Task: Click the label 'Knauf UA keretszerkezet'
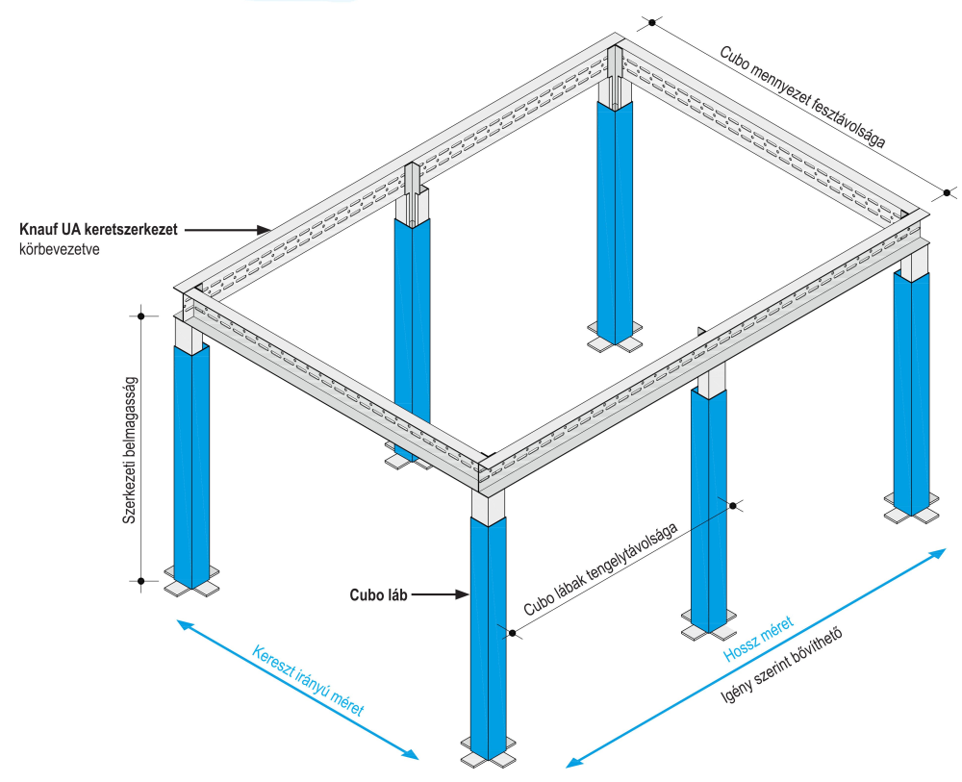pos(98,229)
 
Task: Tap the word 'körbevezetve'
pos(60,250)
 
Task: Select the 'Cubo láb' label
pos(378,595)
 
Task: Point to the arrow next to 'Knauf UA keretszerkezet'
pos(228,230)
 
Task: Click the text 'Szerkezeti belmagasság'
pos(130,449)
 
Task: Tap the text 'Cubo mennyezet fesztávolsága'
pos(802,97)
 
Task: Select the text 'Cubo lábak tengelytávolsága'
pos(600,569)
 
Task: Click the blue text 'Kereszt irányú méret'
pos(308,681)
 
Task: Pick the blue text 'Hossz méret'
pos(758,639)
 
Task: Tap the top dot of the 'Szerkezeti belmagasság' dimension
pos(141,316)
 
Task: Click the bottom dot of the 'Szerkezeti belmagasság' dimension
pos(141,581)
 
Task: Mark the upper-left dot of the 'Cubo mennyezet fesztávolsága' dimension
pos(652,23)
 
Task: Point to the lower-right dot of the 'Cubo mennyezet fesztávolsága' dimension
pos(947,193)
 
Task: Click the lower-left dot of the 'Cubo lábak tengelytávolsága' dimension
pos(512,632)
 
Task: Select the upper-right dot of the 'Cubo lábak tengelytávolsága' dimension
pos(732,505)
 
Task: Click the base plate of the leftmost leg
pos(192,581)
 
